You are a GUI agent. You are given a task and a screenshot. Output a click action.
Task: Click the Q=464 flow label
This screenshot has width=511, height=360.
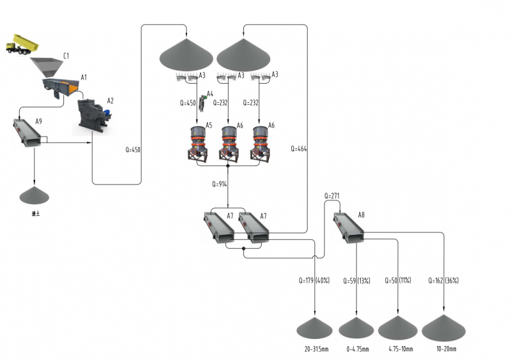tap(298, 149)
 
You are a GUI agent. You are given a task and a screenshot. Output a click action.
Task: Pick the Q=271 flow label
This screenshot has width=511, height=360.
tap(334, 195)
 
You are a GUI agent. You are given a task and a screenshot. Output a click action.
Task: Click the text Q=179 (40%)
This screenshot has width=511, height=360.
tap(313, 280)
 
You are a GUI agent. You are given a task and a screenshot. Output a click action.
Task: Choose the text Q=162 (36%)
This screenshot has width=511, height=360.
tap(443, 280)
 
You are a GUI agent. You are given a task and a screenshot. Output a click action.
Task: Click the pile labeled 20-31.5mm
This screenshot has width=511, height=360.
tap(315, 327)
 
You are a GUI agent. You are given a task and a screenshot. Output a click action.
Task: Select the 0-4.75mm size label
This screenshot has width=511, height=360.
tap(356, 349)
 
